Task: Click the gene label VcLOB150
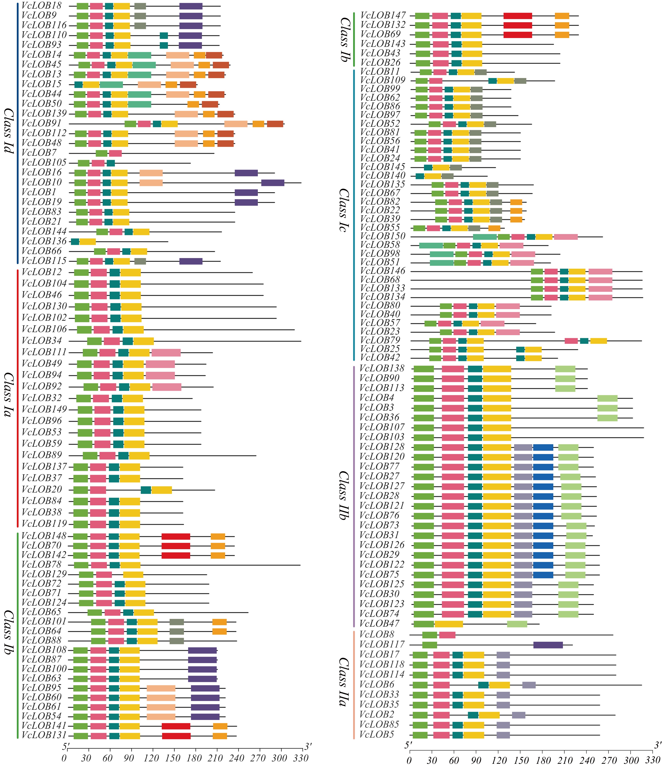383,236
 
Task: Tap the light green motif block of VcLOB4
607,398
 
